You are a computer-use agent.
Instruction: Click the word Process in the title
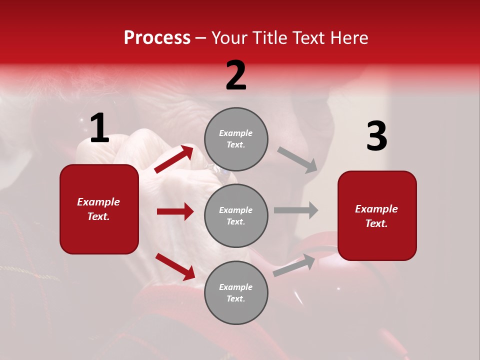tap(157, 37)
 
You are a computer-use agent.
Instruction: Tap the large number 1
tap(99, 128)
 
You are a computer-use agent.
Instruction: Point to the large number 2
tap(236, 75)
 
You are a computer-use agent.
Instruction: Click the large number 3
tap(376, 136)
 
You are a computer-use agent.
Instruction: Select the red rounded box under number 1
tap(99, 209)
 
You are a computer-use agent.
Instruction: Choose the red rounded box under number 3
tap(377, 215)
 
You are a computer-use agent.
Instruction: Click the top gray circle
tap(236, 139)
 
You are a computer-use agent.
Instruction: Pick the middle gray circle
tap(236, 215)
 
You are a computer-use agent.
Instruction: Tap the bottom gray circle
tap(236, 292)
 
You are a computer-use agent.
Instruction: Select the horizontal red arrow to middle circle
tap(175, 211)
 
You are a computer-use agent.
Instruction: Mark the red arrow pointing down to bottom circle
tap(175, 266)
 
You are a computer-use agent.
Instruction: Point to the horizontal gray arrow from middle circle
tap(296, 210)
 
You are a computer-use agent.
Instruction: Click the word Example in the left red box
tap(98, 202)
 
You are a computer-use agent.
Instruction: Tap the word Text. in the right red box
tap(376, 223)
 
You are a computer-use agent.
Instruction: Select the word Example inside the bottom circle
tap(236, 287)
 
